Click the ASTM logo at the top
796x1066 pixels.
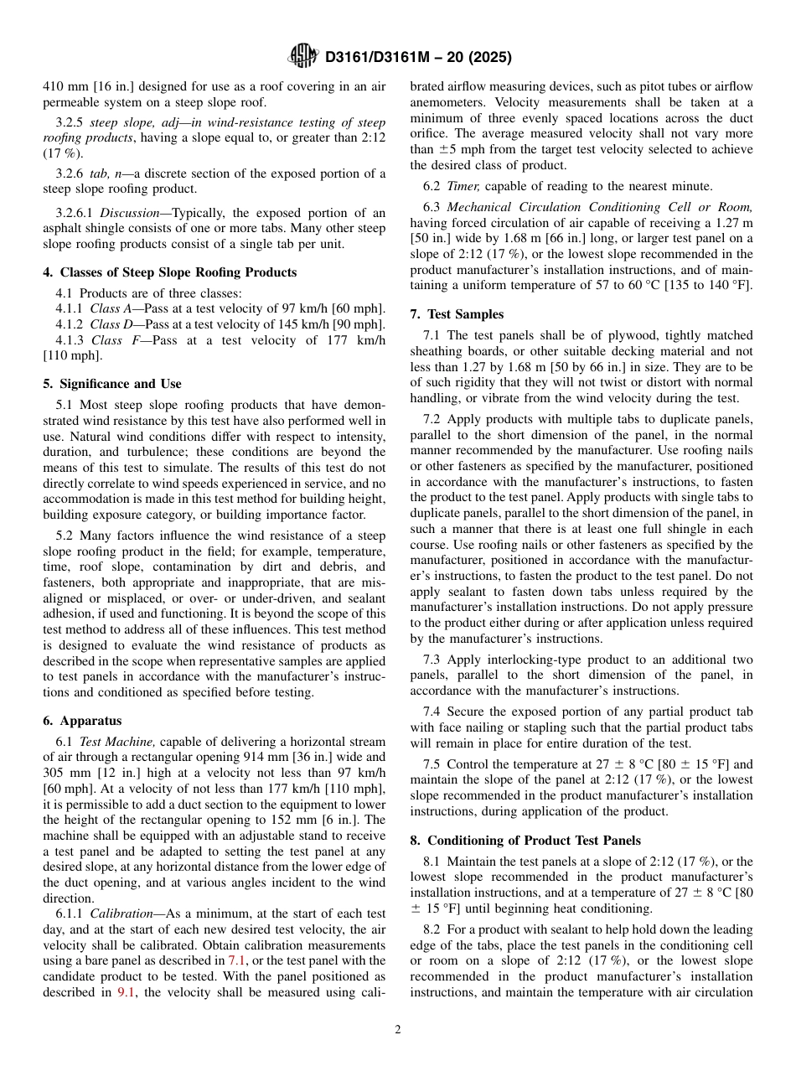coord(302,56)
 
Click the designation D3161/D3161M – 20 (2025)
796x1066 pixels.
coord(417,57)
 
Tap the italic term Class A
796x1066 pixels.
coord(106,308)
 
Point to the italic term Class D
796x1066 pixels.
coord(106,324)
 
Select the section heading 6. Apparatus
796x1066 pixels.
coord(82,721)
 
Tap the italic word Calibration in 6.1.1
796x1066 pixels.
coord(124,913)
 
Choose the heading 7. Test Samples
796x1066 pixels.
coord(457,314)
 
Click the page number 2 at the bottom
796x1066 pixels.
coord(398,1030)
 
